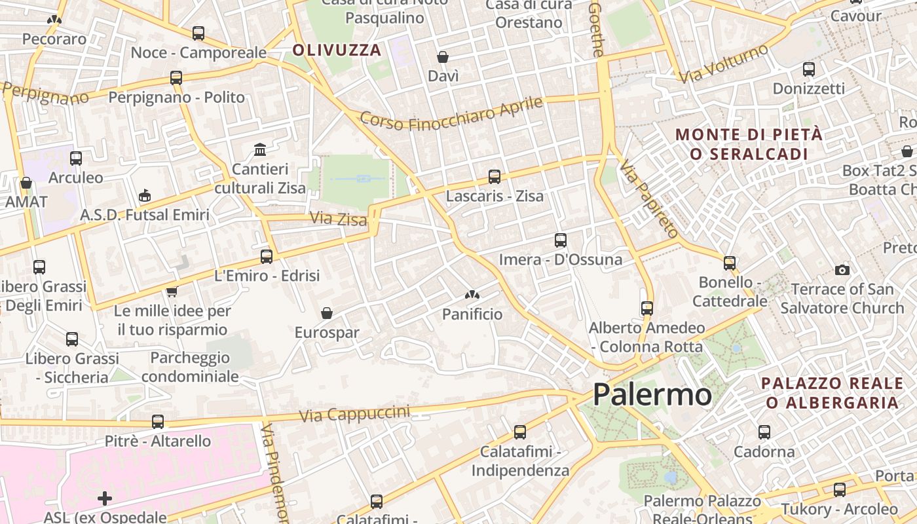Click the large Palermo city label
tap(652, 395)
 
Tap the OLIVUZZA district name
tap(337, 50)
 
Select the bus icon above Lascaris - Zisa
tap(494, 177)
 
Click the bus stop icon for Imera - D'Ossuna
tap(560, 240)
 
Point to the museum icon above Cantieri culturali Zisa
tap(260, 150)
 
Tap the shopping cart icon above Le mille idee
tap(172, 291)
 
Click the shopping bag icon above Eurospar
tap(326, 314)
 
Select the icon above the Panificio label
tap(472, 295)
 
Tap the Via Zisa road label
tap(338, 219)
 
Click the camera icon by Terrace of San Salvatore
tap(842, 270)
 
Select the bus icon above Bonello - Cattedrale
tap(730, 263)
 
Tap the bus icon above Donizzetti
tap(809, 69)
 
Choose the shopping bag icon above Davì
tap(443, 58)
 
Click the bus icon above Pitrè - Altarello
tap(158, 422)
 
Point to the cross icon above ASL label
tap(105, 499)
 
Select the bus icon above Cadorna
tap(764, 432)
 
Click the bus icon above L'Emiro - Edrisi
tap(267, 257)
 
